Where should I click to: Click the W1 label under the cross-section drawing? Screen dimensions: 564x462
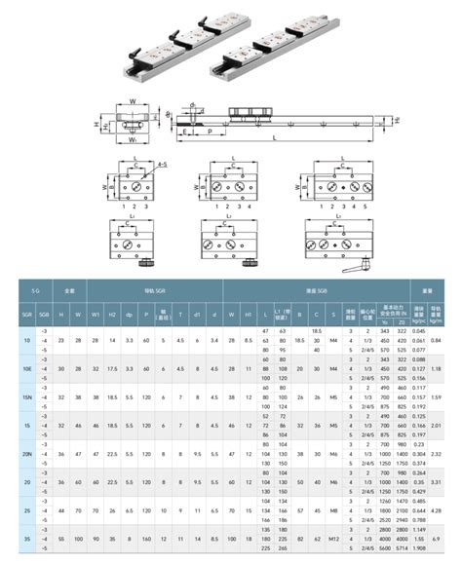130,139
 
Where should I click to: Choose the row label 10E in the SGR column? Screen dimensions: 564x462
27,369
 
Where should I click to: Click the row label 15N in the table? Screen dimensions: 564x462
27,397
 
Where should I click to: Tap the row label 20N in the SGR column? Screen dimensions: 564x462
27,452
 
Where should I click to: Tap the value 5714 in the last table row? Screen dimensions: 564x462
397,547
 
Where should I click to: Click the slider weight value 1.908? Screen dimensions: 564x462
418,547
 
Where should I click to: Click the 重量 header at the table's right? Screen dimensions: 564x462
427,289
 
